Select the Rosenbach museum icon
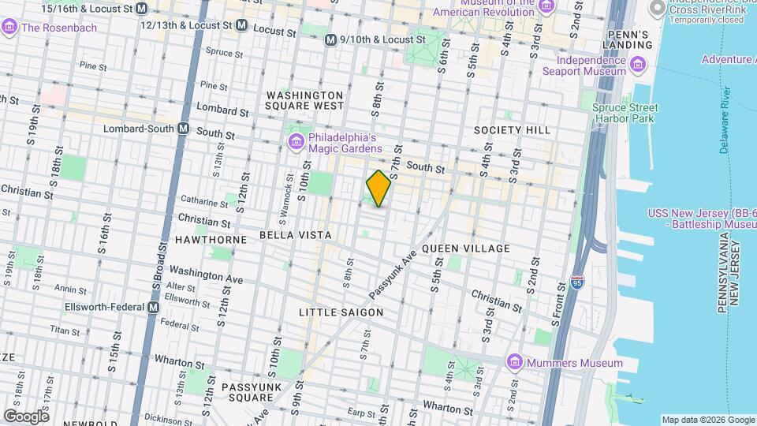pos(10,28)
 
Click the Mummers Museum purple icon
pos(515,362)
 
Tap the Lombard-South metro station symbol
pos(183,129)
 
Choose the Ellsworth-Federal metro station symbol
pos(155,307)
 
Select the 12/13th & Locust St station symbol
pos(242,25)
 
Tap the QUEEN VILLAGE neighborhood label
pos(466,248)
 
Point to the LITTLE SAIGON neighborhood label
pos(341,312)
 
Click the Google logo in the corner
pos(26,416)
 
